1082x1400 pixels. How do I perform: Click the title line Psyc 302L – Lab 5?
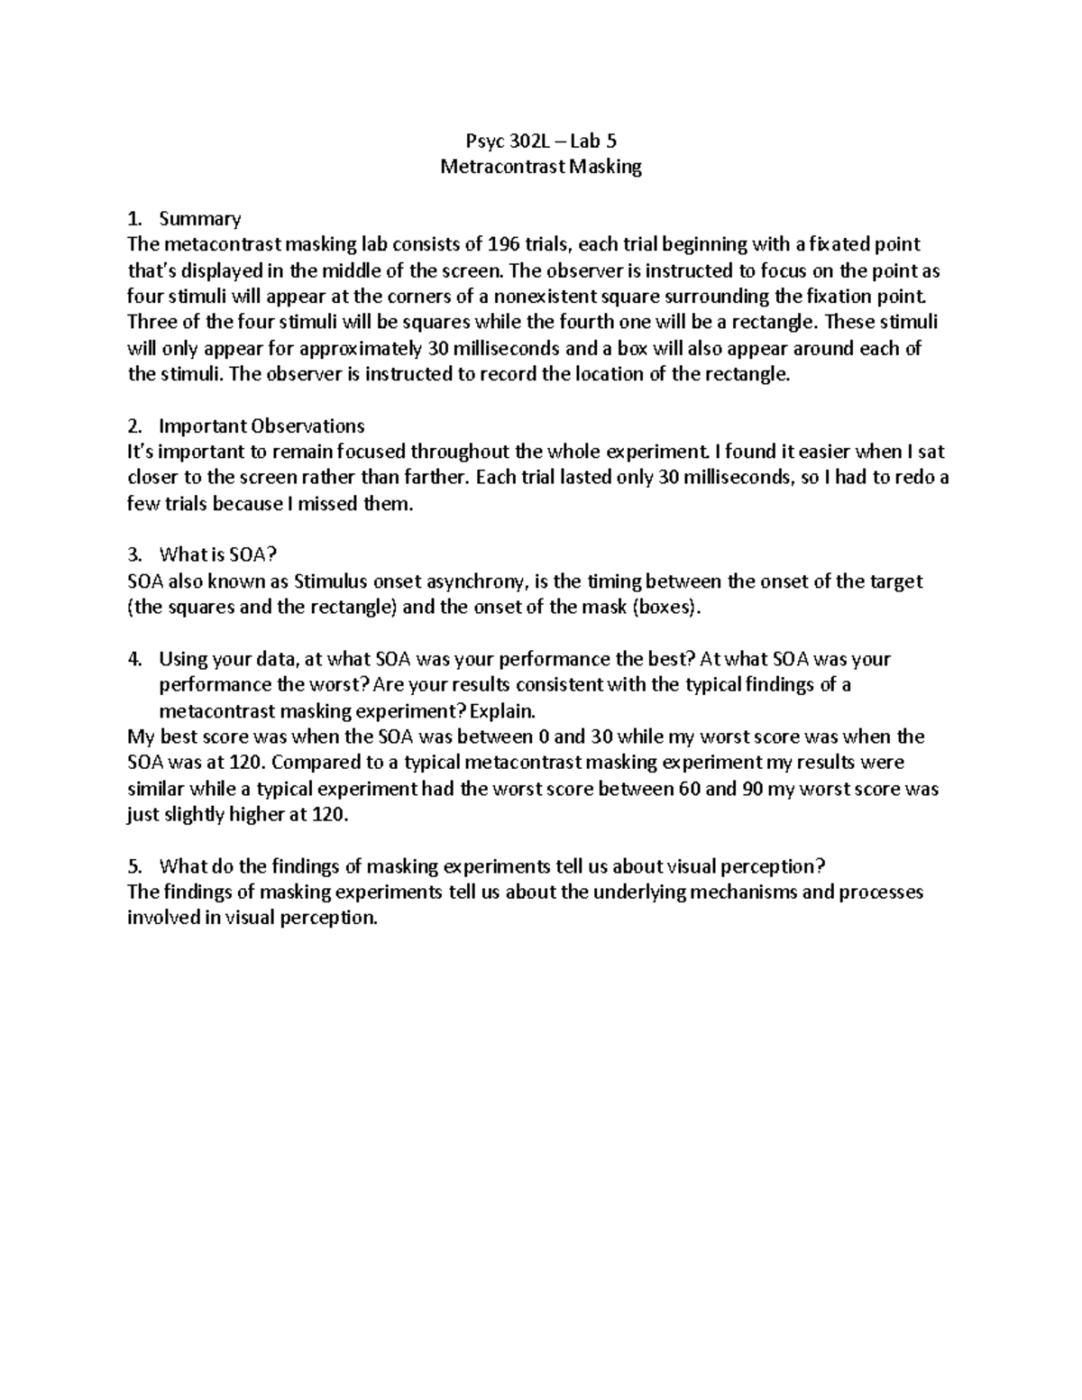(x=540, y=141)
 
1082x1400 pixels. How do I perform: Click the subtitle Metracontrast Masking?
(x=540, y=167)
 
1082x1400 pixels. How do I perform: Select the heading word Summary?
(x=199, y=219)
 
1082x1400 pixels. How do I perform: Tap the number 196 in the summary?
(x=503, y=244)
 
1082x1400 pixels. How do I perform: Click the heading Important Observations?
(x=261, y=425)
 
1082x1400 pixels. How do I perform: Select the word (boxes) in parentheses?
(x=666, y=607)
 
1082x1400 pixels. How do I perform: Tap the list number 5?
(x=134, y=867)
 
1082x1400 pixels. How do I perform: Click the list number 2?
(x=134, y=425)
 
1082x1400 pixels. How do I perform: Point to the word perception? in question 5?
(x=776, y=867)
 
